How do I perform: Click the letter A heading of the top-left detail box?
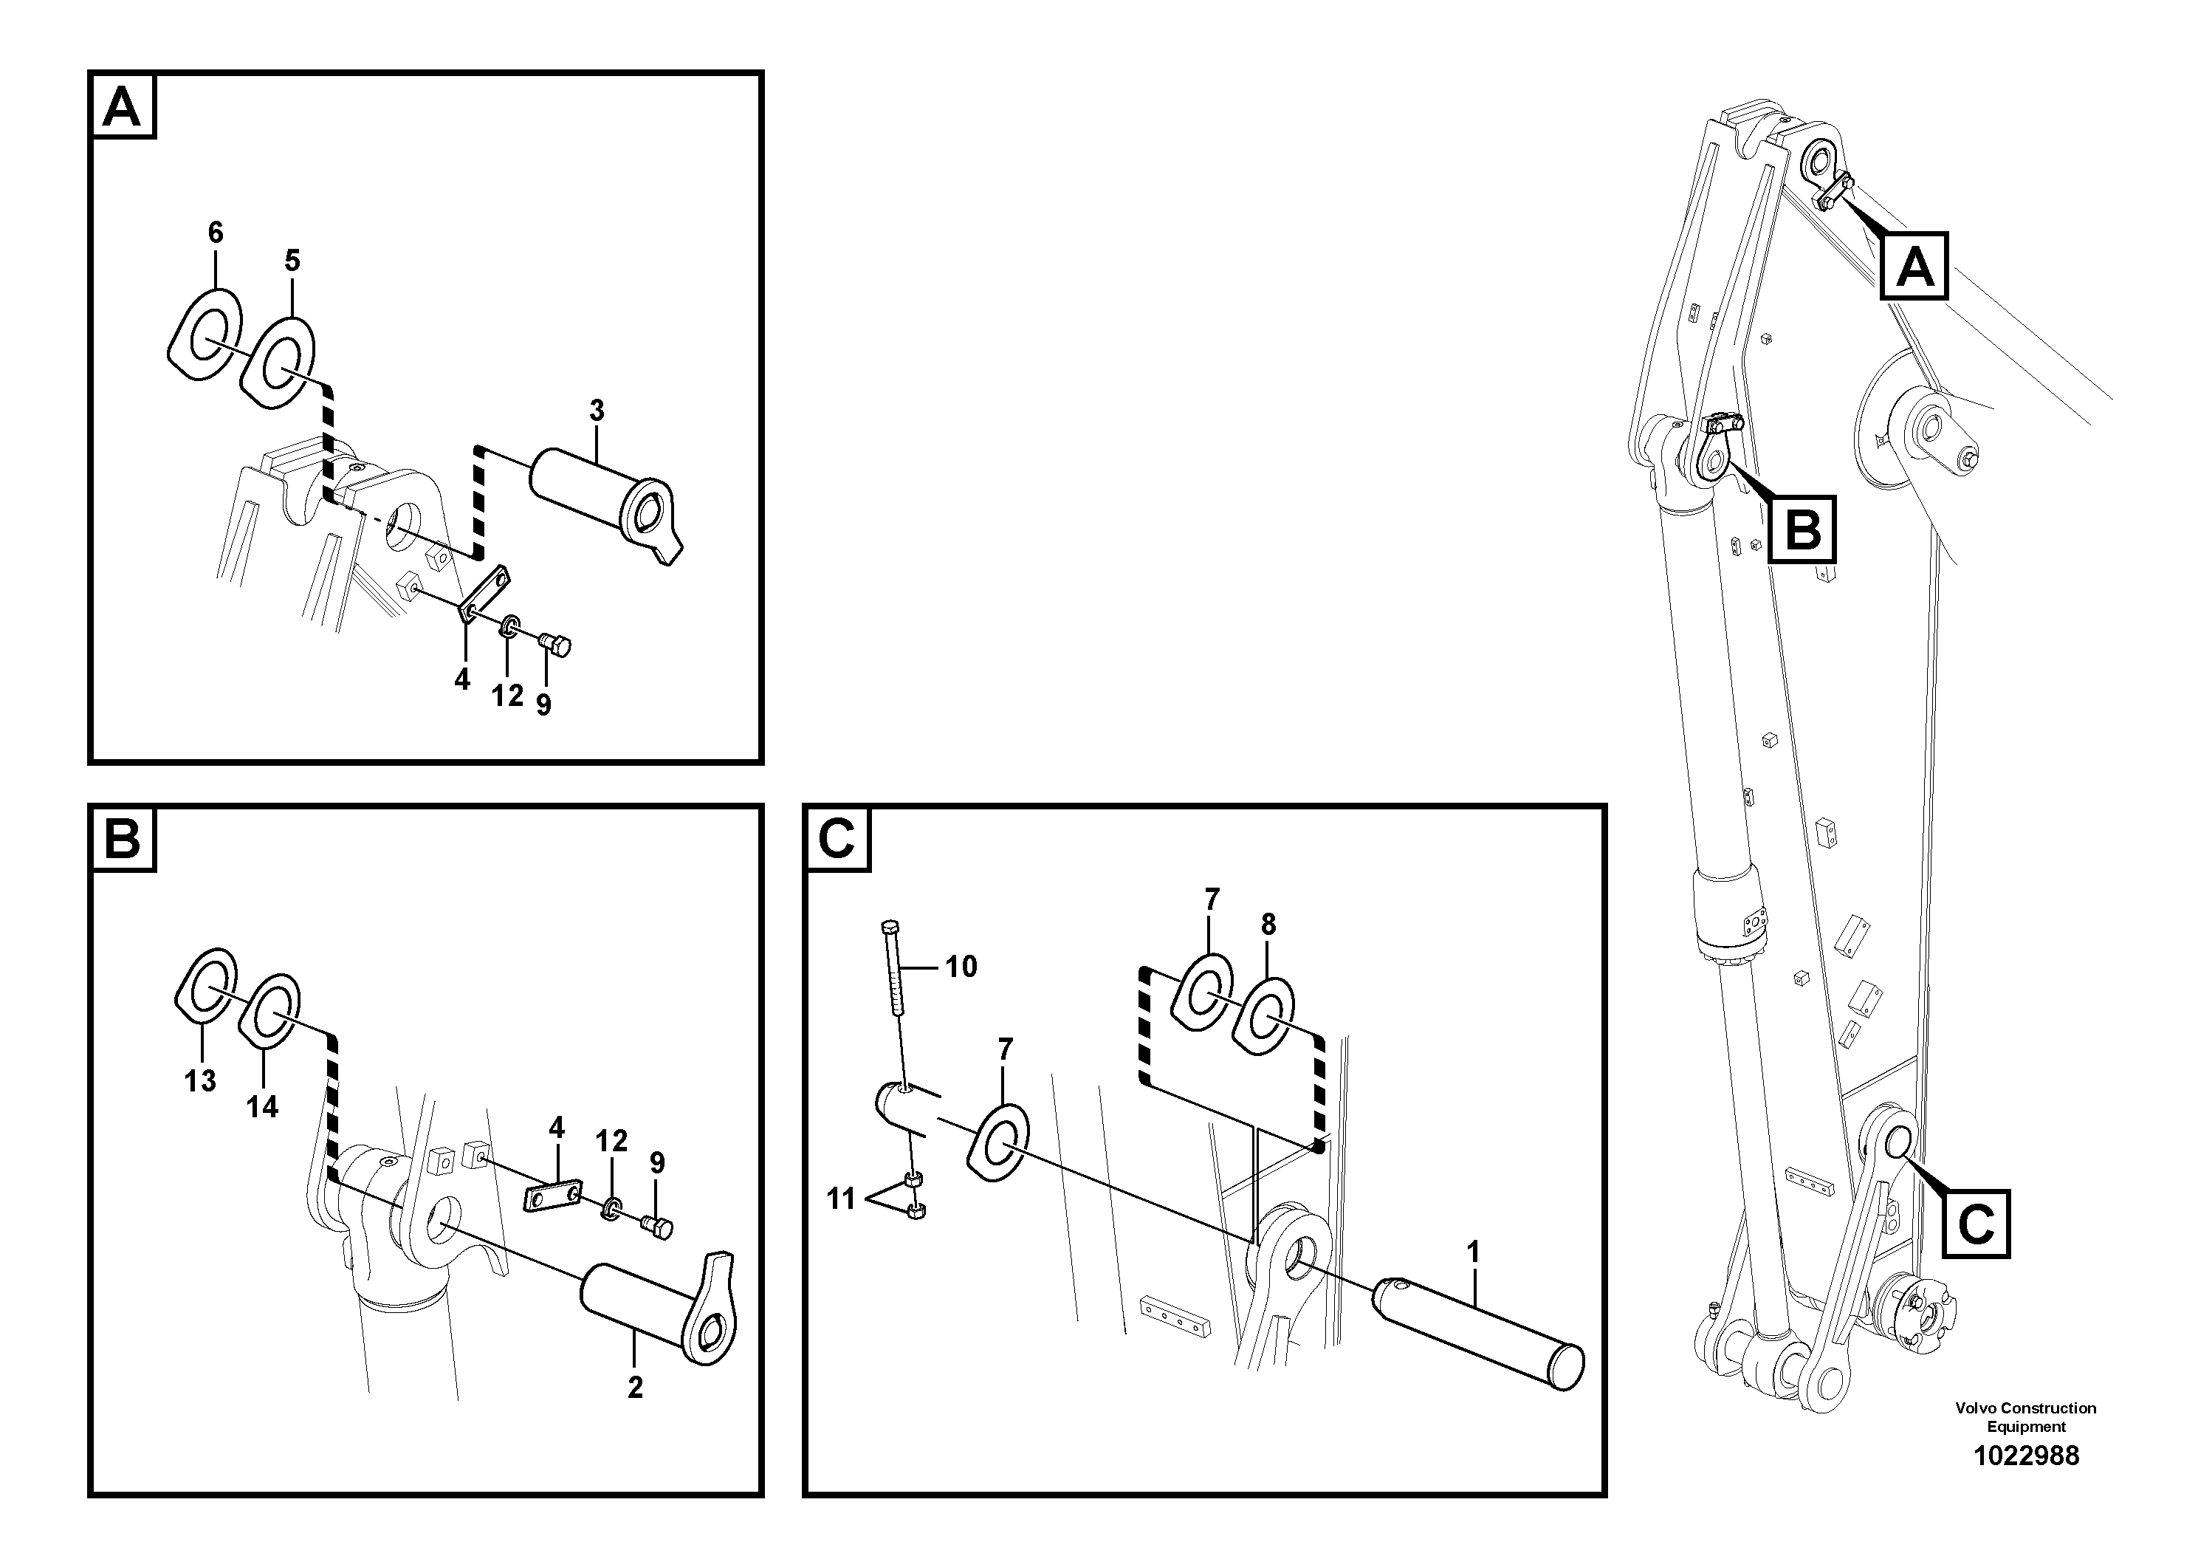[x=122, y=107]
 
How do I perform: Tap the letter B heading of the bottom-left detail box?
[x=122, y=840]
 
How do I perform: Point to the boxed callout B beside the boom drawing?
[x=1802, y=529]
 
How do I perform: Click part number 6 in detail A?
[x=216, y=233]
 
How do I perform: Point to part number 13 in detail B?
[x=200, y=1081]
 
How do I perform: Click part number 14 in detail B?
[x=261, y=1107]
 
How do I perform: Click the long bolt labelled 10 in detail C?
[x=895, y=967]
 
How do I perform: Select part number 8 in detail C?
[x=1268, y=925]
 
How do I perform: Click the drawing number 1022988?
[x=2026, y=1456]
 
